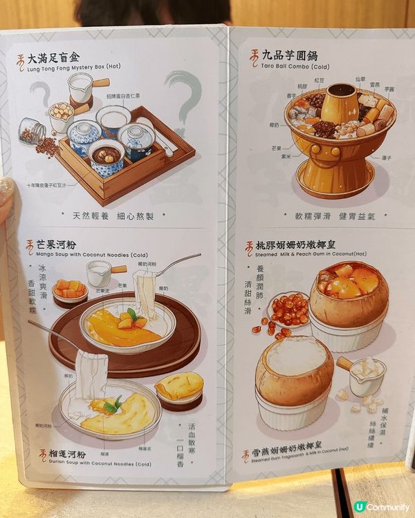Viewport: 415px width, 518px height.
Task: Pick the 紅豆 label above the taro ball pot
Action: click(x=323, y=79)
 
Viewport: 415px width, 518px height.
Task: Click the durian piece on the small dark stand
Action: click(x=179, y=387)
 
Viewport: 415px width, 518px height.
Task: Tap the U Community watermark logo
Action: click(x=380, y=507)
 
